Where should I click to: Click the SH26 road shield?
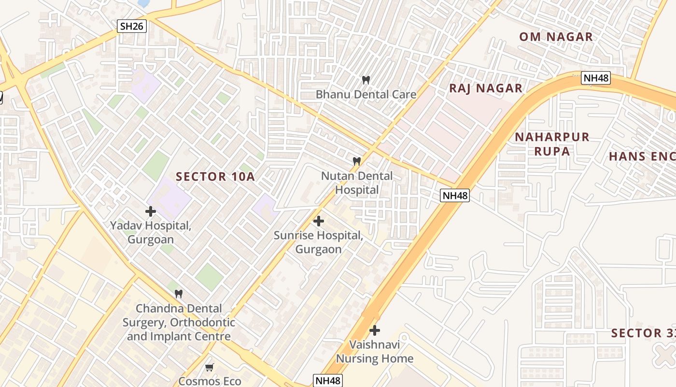point(132,26)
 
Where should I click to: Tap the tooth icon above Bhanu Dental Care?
point(366,80)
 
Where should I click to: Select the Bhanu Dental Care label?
point(366,94)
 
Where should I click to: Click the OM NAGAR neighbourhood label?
point(556,37)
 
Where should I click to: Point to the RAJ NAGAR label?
point(486,88)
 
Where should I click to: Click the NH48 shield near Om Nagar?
point(596,78)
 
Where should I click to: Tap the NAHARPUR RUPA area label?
point(552,144)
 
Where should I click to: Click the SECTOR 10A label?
point(215,177)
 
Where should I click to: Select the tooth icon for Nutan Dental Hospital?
point(357,161)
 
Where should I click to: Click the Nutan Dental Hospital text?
point(357,183)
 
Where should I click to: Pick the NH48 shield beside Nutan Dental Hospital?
point(454,195)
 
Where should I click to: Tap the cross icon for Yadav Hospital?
point(151,211)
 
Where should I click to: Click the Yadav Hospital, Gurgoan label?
point(151,232)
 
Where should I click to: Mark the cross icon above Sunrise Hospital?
point(318,221)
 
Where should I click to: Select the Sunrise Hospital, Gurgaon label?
point(318,242)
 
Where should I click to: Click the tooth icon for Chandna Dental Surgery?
point(178,294)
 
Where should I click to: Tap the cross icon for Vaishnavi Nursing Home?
point(374,330)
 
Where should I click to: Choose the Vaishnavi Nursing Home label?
point(374,352)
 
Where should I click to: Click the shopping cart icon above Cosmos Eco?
point(209,368)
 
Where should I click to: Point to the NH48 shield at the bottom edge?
point(328,381)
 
